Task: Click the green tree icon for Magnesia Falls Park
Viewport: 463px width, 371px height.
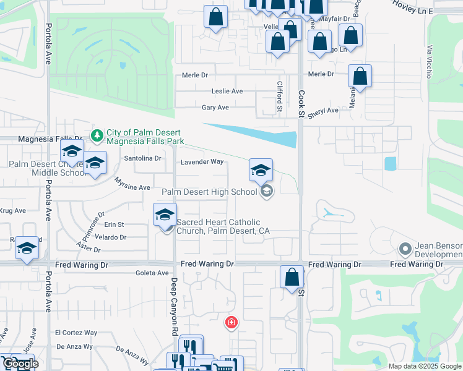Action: pos(97,135)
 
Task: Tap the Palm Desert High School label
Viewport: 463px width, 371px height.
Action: pos(209,192)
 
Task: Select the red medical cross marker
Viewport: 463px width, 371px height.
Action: pos(231,322)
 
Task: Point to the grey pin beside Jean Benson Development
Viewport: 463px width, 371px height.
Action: pos(405,249)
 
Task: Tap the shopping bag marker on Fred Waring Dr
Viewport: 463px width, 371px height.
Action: pos(292,278)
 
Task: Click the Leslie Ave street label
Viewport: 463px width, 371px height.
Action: pos(227,91)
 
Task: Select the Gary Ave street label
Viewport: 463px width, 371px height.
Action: pos(215,107)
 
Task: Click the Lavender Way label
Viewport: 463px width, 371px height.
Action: pos(202,162)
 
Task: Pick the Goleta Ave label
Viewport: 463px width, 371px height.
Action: pos(154,273)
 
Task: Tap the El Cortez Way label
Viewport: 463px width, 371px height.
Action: pos(76,332)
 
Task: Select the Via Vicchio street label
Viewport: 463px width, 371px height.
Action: pos(428,61)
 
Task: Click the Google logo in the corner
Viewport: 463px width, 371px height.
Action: pos(20,364)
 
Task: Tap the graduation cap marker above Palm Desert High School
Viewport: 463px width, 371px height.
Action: pos(261,170)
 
